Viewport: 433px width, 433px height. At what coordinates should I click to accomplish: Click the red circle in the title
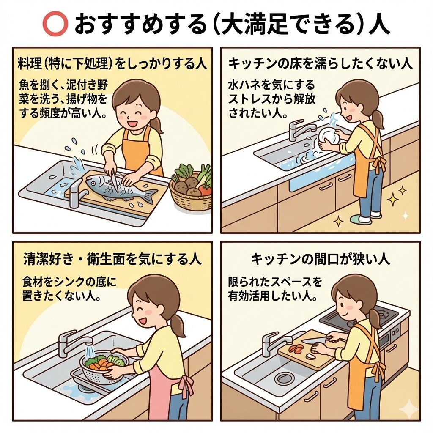pos(55,24)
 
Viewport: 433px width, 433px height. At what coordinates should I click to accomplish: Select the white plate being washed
pos(328,135)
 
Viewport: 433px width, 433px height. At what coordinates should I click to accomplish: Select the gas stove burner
pos(385,313)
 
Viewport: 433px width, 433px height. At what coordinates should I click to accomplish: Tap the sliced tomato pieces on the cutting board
pos(296,349)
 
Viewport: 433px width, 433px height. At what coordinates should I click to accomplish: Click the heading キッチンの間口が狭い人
pos(321,259)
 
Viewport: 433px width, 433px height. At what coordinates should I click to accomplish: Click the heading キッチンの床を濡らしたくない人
pos(321,63)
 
